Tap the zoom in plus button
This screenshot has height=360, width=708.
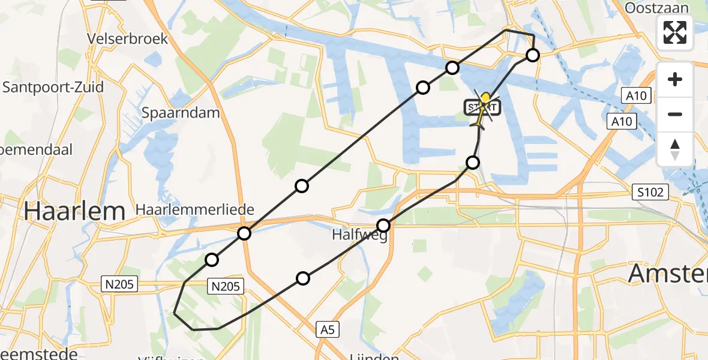click(675, 79)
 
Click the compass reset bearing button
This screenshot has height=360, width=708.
click(675, 149)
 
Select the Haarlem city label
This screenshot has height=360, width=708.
click(74, 211)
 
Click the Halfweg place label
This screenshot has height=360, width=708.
click(358, 235)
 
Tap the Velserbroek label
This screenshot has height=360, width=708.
click(127, 38)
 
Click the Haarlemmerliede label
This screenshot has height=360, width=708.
click(196, 210)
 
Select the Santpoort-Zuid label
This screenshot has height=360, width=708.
click(53, 87)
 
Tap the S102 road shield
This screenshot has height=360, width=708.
click(651, 193)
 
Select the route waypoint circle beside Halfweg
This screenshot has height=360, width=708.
click(383, 226)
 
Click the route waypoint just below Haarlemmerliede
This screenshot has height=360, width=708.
click(244, 233)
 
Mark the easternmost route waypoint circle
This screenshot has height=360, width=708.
click(533, 56)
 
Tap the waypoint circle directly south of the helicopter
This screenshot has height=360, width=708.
click(473, 162)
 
